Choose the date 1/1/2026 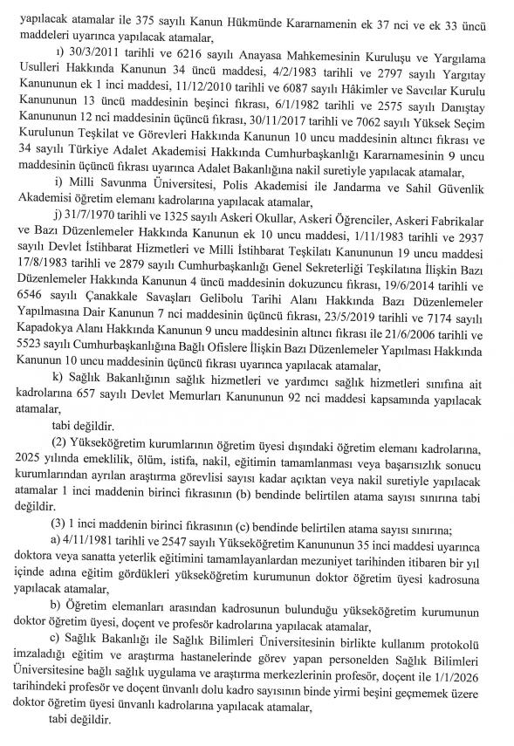(x=460, y=680)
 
